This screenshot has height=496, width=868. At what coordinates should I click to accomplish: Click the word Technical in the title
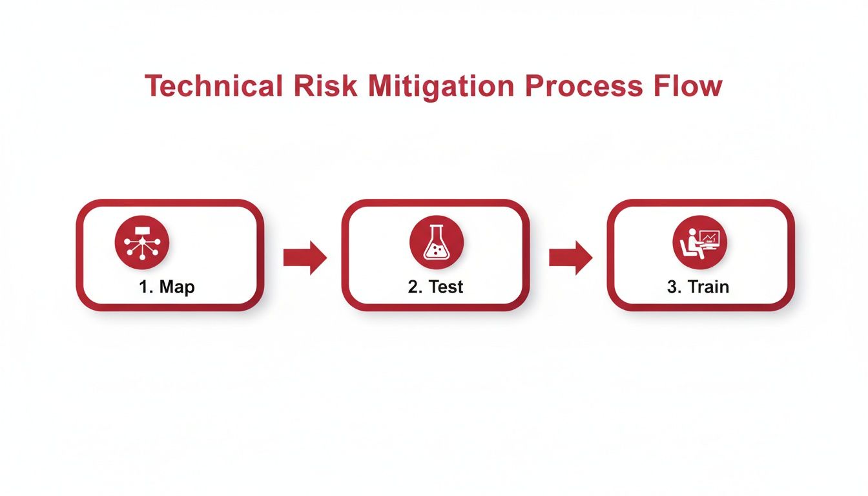click(214, 87)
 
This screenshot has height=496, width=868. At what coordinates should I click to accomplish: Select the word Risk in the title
click(325, 87)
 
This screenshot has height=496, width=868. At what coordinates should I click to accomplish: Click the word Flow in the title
click(689, 87)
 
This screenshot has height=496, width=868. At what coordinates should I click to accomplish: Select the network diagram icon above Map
click(141, 242)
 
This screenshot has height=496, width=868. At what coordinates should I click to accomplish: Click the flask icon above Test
click(436, 242)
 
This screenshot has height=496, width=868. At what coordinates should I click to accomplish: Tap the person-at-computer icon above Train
click(699, 242)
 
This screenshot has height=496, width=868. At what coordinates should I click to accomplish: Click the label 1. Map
click(167, 287)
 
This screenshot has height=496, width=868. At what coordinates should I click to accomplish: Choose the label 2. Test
click(435, 287)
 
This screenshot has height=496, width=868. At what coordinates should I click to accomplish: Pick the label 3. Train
click(697, 287)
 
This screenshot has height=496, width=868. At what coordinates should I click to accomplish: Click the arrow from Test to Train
click(570, 257)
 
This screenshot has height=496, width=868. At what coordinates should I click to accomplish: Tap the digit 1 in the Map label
click(143, 287)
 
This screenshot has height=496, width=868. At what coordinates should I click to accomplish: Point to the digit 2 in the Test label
click(412, 287)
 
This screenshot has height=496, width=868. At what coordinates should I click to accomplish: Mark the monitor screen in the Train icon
click(710, 238)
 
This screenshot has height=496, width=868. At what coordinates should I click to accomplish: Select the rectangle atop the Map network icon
click(141, 230)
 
